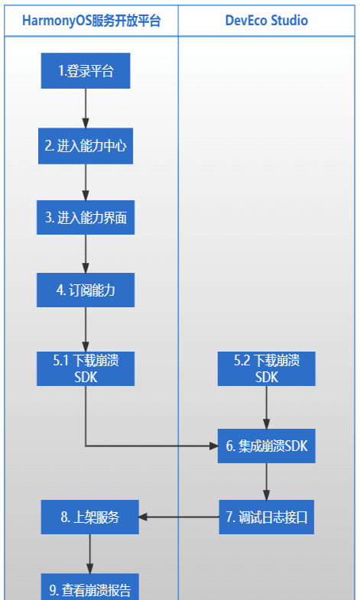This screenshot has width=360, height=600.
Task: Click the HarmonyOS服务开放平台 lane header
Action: coord(91,21)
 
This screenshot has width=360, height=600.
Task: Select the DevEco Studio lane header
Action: coord(267,21)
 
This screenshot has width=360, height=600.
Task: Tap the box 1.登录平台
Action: coord(86,71)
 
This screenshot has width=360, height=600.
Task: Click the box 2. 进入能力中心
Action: coord(86,145)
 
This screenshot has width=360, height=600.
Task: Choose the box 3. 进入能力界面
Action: coord(86,218)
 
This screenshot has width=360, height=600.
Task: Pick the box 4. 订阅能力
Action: coord(86,290)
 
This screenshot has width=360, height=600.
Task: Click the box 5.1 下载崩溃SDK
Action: coord(86,368)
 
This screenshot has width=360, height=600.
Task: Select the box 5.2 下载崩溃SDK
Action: coord(267,368)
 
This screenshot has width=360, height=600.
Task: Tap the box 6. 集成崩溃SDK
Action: coord(267,446)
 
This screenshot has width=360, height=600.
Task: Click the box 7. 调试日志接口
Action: coord(267,517)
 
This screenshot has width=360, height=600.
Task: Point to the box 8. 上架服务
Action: coord(90,517)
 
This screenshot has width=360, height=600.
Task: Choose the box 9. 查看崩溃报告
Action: coord(90,588)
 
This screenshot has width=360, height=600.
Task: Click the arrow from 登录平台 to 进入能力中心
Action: coord(86,109)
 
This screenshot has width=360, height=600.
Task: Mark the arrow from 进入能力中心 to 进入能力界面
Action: coord(86,182)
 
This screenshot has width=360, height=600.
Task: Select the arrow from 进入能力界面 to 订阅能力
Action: coord(86,255)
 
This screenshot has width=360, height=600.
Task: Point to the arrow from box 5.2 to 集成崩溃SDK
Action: coord(267,407)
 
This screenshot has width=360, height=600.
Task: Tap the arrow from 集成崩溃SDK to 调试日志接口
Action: coord(267,482)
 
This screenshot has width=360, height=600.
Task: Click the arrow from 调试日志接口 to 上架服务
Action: coord(180,517)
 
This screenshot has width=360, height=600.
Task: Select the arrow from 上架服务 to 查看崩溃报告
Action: coord(90,553)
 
